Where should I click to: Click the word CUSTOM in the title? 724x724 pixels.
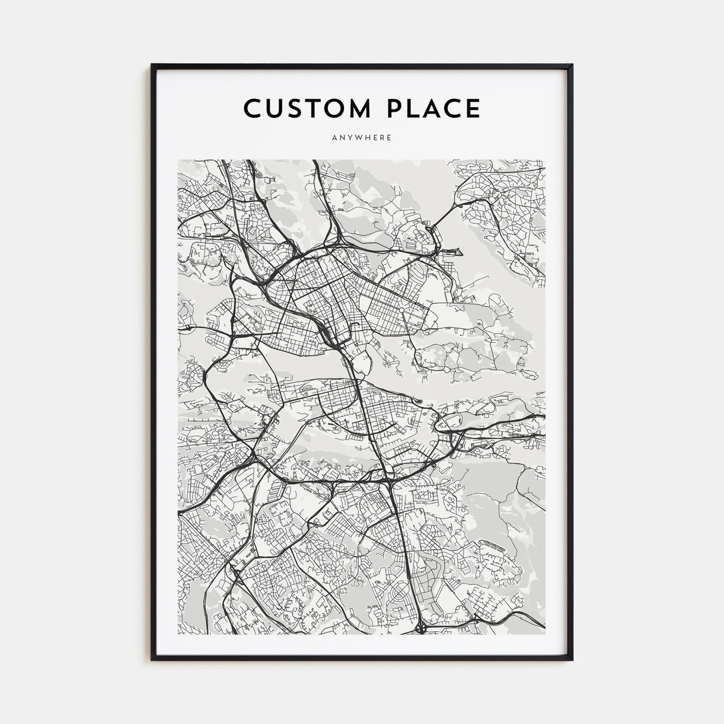[x=307, y=109]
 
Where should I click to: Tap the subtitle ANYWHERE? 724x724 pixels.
[x=362, y=138]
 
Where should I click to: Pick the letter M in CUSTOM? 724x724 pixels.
[x=359, y=109]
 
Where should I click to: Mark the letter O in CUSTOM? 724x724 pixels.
[x=339, y=109]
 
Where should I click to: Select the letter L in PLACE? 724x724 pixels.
[x=411, y=109]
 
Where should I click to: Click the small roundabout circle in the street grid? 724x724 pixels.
[x=402, y=310]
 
